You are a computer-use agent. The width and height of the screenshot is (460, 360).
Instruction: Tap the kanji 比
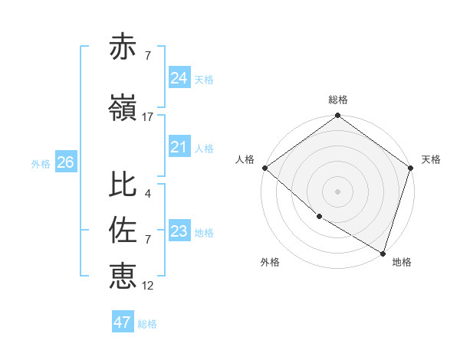coord(123,185)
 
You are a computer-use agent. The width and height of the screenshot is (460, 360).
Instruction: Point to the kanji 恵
coord(123,275)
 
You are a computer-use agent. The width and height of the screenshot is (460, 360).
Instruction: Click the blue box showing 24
coord(179,78)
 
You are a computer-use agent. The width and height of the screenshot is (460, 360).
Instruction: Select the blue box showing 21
coord(179,147)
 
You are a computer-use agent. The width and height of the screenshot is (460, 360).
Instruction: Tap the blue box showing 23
coord(179,231)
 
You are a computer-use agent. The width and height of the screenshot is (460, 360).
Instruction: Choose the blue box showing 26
coord(65,162)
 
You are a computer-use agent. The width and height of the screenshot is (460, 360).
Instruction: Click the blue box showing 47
coord(123,322)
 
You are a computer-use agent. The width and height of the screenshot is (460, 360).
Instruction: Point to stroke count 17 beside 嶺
coord(148,116)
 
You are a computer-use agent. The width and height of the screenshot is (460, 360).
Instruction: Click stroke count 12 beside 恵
coord(148,285)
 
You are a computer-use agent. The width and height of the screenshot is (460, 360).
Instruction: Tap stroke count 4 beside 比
coord(147,194)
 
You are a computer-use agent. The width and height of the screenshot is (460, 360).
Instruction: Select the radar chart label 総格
coord(338,100)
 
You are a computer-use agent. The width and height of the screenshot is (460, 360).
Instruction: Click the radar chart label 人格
coord(245,159)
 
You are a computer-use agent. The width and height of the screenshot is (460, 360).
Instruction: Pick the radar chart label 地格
coord(402,262)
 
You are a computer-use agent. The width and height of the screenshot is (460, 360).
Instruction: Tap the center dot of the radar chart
coord(338,191)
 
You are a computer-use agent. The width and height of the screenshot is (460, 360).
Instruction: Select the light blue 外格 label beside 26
coord(40,163)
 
